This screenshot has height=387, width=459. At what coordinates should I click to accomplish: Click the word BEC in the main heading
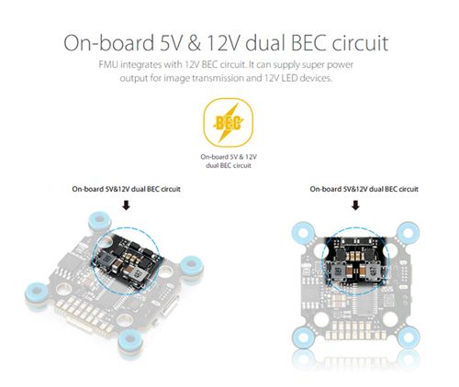[x=308, y=43]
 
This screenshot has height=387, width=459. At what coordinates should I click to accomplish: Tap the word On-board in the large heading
[x=109, y=43]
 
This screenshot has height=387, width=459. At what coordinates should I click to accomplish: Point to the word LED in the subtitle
[x=289, y=78]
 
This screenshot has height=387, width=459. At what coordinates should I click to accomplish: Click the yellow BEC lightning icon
[x=229, y=123]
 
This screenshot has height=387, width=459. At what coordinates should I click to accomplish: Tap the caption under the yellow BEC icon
[x=229, y=161]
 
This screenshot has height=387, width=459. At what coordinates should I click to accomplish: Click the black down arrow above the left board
[x=126, y=205]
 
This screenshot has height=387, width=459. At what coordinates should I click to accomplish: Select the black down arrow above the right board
[x=355, y=205]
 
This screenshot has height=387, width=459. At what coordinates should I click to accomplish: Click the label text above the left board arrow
[x=126, y=189]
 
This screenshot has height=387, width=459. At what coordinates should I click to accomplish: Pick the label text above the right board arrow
[x=364, y=189]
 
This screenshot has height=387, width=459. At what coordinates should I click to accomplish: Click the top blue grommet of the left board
[x=99, y=220]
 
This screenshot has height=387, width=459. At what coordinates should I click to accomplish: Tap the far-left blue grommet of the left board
[x=38, y=293]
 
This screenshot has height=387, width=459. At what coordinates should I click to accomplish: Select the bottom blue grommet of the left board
[x=130, y=340]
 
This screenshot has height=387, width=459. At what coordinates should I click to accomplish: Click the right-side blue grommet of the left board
[x=191, y=265]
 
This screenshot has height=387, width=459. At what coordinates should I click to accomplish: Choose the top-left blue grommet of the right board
[x=303, y=233]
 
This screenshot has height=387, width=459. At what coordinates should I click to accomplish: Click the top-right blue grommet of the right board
[x=409, y=233]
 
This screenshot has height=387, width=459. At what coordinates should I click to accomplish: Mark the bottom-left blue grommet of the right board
[x=303, y=337]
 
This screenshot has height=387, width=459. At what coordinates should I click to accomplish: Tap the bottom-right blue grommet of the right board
[x=409, y=337]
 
